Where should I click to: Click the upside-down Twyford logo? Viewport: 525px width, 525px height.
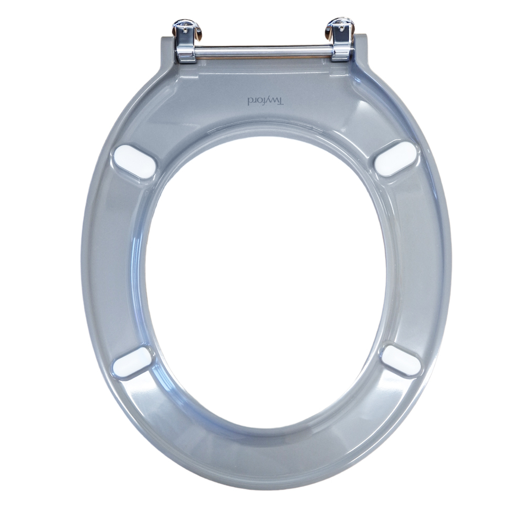coord(266,101)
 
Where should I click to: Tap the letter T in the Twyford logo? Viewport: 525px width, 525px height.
coord(281,100)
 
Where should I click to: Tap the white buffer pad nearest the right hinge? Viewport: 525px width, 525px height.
coord(396,158)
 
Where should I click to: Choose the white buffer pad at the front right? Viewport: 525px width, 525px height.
coord(401,361)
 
